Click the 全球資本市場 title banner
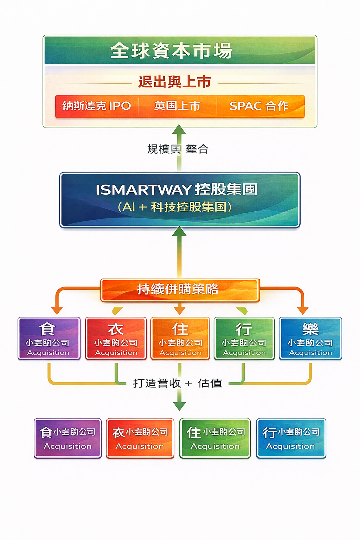click(180, 50)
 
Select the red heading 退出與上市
click(175, 82)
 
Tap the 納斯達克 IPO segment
click(97, 106)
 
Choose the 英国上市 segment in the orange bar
click(178, 106)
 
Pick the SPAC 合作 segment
click(259, 106)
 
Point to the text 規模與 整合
click(178, 149)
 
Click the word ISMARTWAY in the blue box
click(143, 190)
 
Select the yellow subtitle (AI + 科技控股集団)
click(175, 207)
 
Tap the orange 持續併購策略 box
click(180, 290)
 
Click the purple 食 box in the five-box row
click(49, 338)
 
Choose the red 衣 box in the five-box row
click(116, 338)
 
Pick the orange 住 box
click(180, 338)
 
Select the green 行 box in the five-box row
click(244, 338)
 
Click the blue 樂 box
click(310, 338)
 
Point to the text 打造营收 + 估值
click(178, 383)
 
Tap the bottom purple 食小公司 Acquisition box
click(67, 438)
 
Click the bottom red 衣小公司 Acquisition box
click(140, 438)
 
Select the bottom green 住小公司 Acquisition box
click(215, 438)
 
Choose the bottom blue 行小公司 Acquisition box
click(291, 438)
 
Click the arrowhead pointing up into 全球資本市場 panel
click(179, 130)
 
